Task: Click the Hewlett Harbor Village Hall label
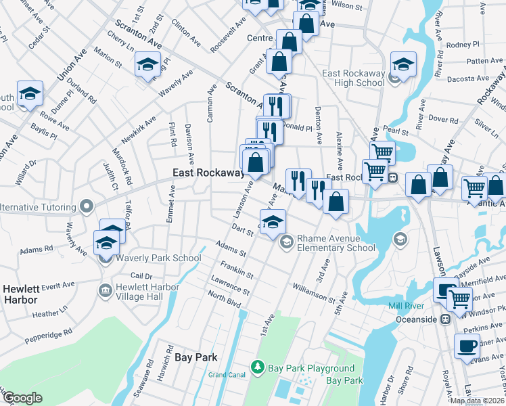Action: coord(147,291)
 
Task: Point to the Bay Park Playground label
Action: coord(311,368)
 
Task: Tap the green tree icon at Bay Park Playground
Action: coord(257,367)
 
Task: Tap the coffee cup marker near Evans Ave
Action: coord(467,346)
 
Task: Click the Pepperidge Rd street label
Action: coord(48,338)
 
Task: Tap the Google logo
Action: coord(22,398)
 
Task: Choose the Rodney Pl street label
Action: coord(462,45)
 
